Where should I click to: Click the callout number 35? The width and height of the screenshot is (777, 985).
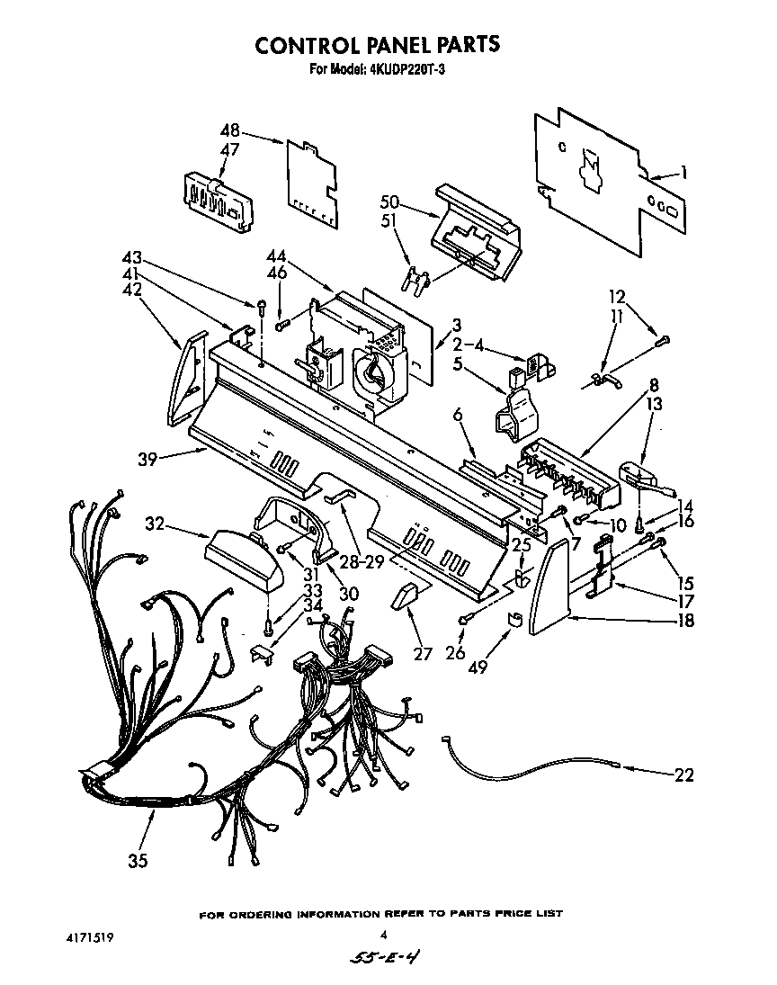(137, 861)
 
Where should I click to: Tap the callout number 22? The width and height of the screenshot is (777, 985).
(684, 774)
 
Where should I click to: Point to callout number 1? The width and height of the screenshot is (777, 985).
(684, 174)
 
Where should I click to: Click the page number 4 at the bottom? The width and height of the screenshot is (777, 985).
(384, 935)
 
